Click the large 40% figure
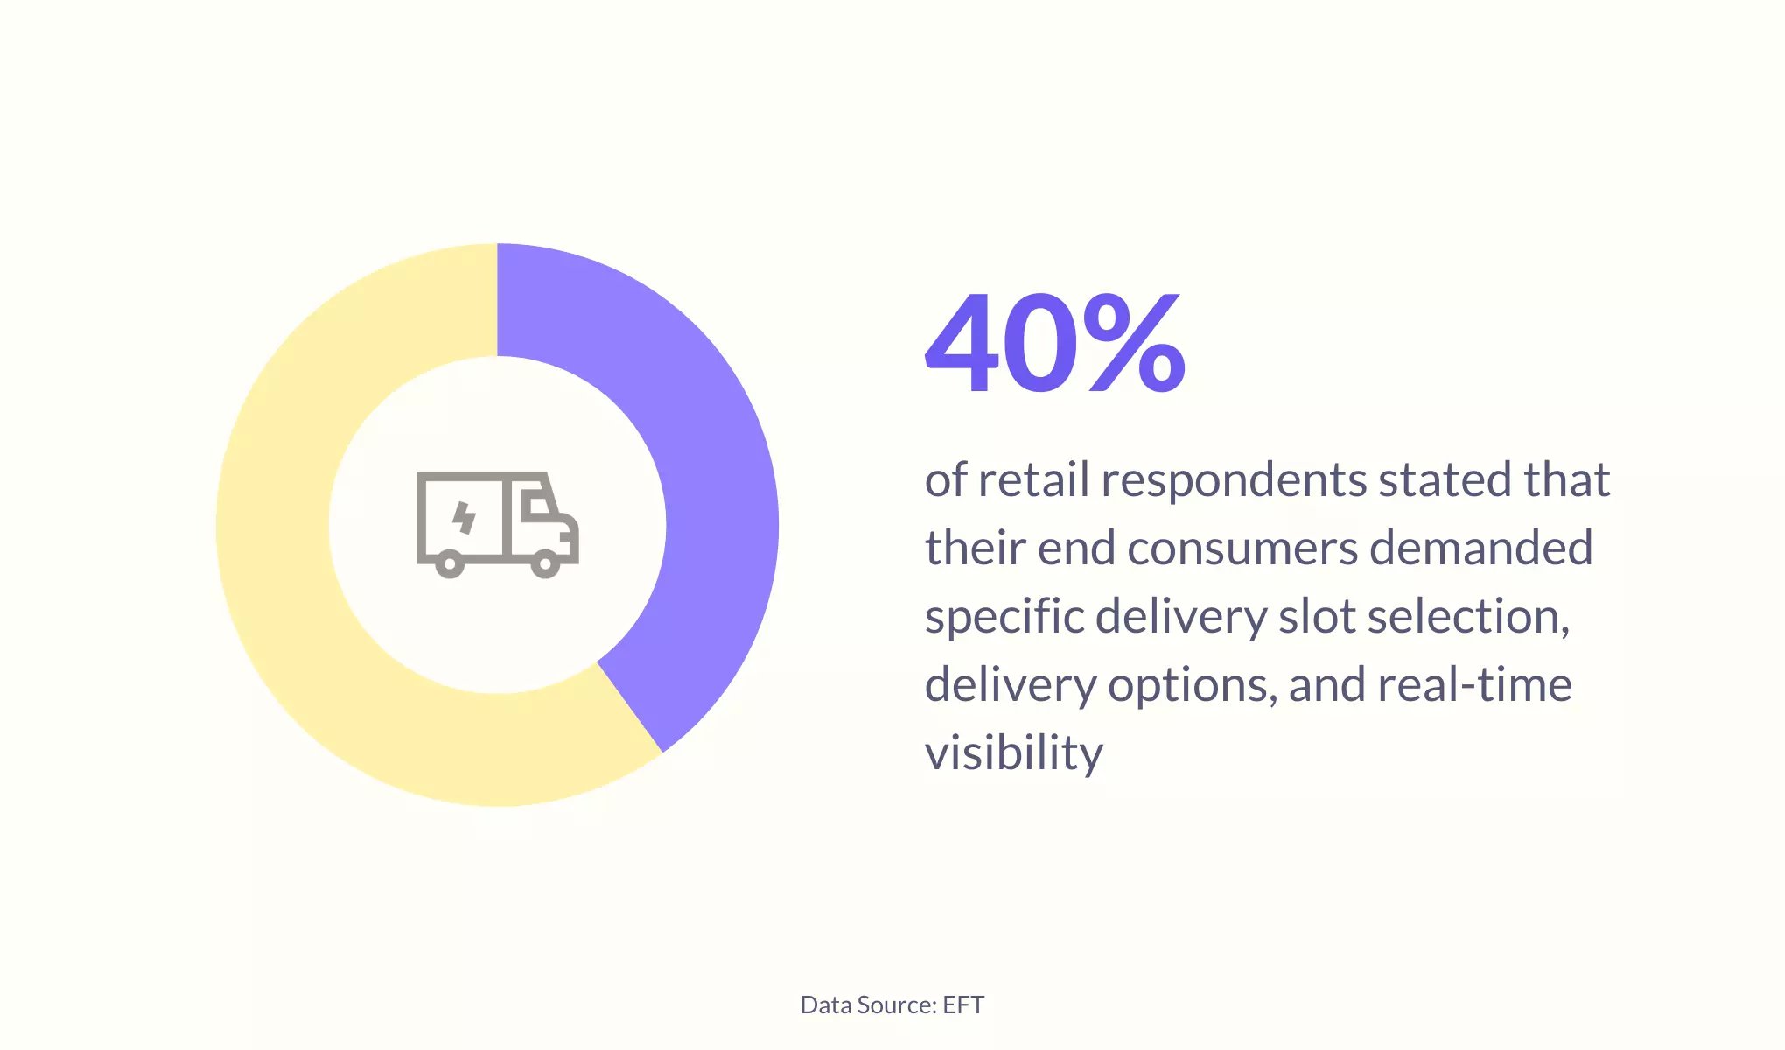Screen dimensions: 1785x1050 click(x=1055, y=343)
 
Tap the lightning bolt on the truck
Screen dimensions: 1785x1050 click(x=464, y=517)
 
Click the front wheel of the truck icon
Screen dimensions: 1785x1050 click(x=545, y=564)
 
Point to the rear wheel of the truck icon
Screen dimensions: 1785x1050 click(x=450, y=564)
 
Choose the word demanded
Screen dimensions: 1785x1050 click(x=1480, y=548)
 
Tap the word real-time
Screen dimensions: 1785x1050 click(x=1474, y=684)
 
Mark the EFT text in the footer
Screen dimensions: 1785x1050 click(x=963, y=1004)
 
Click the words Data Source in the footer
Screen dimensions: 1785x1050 click(x=869, y=1004)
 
